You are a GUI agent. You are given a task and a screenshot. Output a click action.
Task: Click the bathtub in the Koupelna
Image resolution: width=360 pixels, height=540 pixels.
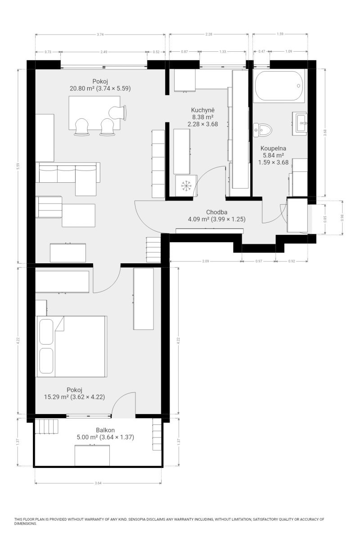279,85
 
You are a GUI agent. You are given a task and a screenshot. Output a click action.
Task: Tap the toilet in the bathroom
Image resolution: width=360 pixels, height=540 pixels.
262,130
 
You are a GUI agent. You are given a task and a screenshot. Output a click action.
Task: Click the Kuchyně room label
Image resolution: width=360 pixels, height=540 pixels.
202,110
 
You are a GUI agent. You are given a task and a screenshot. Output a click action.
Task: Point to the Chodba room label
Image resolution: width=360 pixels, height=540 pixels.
216,212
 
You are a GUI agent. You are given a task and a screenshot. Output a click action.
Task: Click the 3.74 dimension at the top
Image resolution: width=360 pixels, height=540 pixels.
100,35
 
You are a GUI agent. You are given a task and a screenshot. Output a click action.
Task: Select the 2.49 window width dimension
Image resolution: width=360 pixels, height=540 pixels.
103,52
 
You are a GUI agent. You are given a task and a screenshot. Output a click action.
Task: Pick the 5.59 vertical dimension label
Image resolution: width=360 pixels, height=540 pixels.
18,166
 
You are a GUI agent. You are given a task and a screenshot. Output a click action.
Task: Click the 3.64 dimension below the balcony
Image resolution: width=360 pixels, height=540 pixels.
98,483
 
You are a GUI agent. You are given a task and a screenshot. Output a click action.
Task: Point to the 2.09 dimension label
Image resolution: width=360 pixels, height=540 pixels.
206,261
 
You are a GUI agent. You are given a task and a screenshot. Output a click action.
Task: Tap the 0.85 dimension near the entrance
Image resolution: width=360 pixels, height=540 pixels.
325,219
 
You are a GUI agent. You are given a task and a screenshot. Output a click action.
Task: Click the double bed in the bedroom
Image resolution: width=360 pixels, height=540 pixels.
71,346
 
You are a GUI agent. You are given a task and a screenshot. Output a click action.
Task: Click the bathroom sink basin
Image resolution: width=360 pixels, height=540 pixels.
301,123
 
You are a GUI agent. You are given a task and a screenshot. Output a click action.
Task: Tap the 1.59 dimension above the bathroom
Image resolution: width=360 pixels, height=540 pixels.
280,34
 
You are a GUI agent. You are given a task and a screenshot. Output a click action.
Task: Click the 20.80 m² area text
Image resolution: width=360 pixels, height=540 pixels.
82,89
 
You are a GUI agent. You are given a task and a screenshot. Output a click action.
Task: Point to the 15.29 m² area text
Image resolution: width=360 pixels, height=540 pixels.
56,397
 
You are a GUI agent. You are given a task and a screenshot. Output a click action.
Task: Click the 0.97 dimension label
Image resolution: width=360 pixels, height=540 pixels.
258,261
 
